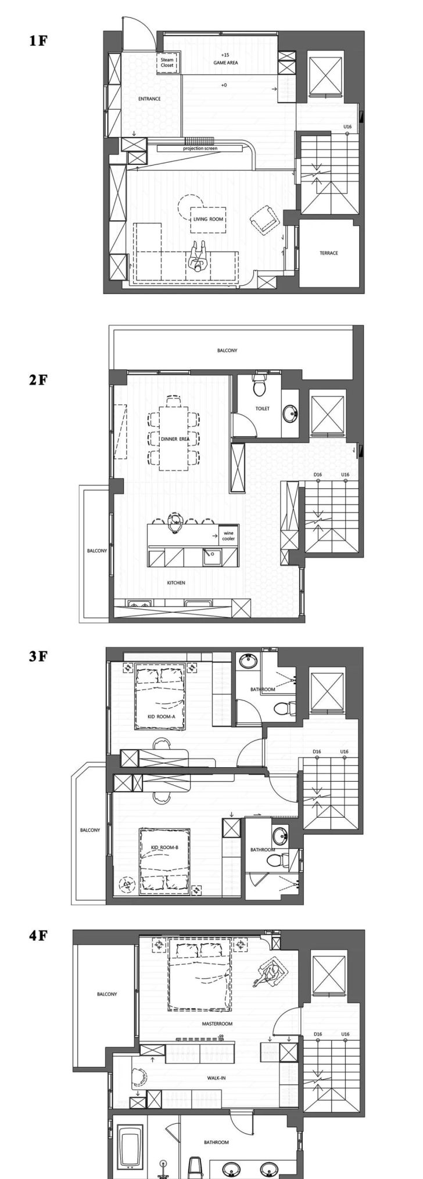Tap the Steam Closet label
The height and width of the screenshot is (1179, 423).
tap(167, 63)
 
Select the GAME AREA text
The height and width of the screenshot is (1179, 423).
tap(225, 62)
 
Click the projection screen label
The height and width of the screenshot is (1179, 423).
tap(200, 148)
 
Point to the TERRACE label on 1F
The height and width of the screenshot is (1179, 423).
tap(328, 253)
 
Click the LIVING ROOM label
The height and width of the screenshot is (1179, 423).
tap(209, 219)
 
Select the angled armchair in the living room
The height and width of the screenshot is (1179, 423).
tap(265, 220)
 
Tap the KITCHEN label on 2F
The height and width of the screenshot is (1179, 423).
tap(176, 583)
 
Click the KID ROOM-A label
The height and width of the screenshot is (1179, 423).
tap(161, 717)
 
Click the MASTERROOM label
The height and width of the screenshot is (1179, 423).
tap(217, 1024)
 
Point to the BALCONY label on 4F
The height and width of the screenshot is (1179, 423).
tap(107, 994)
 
